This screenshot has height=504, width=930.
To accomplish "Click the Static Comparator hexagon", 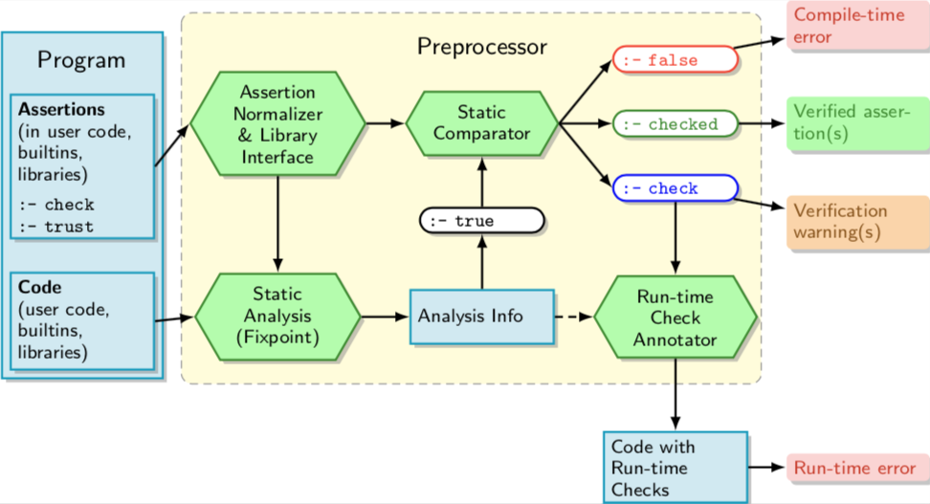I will pos(481,123).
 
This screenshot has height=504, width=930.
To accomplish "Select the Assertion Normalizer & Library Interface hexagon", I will pos(277,124).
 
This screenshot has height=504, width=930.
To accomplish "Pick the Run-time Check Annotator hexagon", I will pos(675,318).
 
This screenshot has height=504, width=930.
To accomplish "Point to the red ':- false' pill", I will pos(675,60).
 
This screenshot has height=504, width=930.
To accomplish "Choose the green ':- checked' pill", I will pos(676,124).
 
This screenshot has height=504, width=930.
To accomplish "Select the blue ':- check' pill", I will pos(675,188).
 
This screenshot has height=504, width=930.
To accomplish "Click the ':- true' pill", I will pos(481,221).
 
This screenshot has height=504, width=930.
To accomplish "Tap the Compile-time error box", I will pos(843,27).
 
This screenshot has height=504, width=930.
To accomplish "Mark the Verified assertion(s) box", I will pos(851,123).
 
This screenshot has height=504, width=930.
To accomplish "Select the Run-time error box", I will pos(854,469).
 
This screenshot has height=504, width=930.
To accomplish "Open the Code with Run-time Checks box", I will pos(675,468).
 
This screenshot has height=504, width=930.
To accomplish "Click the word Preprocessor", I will pos(481,46).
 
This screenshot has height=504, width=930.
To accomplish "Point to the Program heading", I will pos(81,60).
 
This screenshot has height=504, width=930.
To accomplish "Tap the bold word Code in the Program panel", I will pos(40,287).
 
